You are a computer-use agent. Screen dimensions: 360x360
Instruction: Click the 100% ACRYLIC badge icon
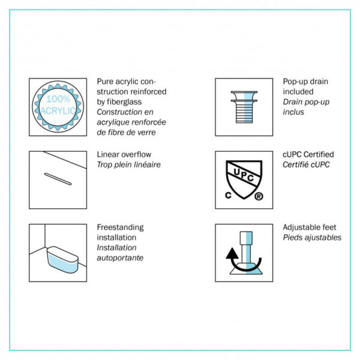click(58, 107)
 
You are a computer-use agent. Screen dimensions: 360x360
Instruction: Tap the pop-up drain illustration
click(244, 107)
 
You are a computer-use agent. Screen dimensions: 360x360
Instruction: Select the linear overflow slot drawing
click(58, 179)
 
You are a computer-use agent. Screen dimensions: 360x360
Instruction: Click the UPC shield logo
click(244, 179)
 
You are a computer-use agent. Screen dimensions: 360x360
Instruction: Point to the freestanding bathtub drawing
click(62, 260)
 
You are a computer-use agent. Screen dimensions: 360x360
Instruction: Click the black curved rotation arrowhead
click(232, 253)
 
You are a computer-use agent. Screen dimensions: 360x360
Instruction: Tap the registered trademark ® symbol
click(259, 196)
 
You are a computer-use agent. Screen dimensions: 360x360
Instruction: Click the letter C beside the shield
click(228, 196)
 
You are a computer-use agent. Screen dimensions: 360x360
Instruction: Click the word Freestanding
click(121, 227)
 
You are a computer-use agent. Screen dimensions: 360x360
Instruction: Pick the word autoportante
click(120, 258)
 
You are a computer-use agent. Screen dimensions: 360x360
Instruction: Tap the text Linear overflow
click(124, 155)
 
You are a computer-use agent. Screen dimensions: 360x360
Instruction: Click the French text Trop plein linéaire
click(129, 164)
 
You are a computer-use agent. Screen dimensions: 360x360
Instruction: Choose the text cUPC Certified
click(308, 155)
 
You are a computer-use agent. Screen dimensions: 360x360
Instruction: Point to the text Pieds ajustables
click(312, 238)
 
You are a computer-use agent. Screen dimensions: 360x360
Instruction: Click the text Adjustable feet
click(310, 227)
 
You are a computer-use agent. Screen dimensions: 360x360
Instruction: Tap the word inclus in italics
click(293, 112)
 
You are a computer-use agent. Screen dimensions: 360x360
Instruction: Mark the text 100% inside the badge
click(58, 99)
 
